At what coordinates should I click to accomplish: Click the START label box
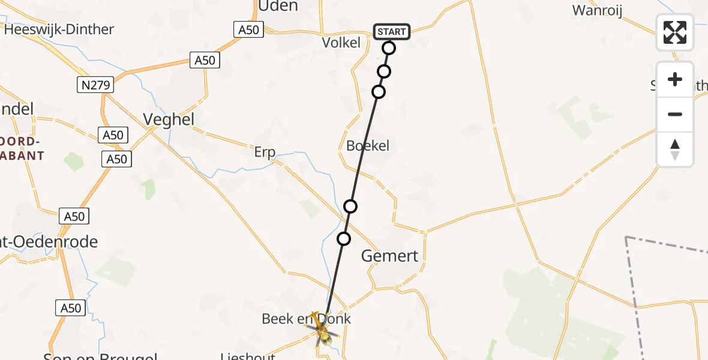(392, 31)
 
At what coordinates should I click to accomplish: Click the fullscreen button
(675, 32)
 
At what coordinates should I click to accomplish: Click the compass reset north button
(675, 149)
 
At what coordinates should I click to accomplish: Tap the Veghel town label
(169, 119)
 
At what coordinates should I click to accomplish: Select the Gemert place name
(389, 256)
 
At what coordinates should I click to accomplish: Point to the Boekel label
(368, 145)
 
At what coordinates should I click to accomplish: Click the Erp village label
(265, 152)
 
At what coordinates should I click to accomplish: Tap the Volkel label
(341, 43)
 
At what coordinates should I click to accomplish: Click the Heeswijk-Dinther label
(59, 29)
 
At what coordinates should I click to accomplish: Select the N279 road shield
(95, 85)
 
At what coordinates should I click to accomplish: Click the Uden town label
(278, 6)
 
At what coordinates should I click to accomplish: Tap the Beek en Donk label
(306, 319)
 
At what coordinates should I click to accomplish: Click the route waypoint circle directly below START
(389, 48)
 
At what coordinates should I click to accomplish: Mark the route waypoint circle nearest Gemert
(344, 239)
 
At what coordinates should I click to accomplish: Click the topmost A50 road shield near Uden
(247, 29)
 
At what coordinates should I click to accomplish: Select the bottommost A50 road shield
(70, 308)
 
